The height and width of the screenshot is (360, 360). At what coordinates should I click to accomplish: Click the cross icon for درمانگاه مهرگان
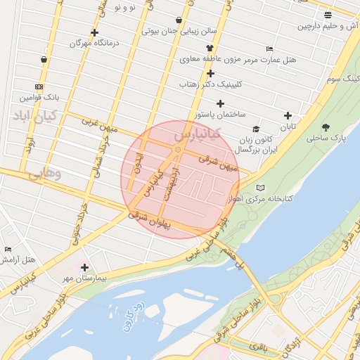coord(95,32)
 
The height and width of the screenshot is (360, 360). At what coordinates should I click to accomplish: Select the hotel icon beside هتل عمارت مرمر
coord(269,49)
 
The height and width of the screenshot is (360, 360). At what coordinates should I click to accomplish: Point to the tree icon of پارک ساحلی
coord(327,127)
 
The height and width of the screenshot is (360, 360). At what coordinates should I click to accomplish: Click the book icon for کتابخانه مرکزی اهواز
coord(261,188)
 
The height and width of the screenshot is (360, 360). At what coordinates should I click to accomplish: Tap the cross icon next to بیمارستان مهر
coord(84,267)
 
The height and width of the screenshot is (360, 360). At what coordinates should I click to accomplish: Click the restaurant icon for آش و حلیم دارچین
coord(328,15)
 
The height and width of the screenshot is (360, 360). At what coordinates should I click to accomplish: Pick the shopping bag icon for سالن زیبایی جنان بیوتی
coord(180,20)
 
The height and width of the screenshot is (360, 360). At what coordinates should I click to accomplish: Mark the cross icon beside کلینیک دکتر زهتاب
coord(210,73)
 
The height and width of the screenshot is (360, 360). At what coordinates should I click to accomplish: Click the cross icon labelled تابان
coord(287,116)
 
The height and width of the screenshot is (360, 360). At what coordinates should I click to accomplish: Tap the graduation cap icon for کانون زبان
coord(256,129)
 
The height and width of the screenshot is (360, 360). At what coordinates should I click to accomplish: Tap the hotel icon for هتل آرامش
coord(8,250)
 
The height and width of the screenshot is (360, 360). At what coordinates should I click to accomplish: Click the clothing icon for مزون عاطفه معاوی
coord(210,48)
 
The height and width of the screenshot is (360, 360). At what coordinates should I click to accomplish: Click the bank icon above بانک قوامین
coord(38,86)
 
